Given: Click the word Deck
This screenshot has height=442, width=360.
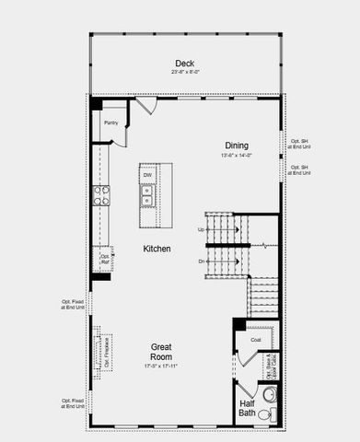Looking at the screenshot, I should (x=184, y=64).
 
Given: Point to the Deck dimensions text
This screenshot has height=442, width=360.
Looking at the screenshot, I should (x=184, y=72).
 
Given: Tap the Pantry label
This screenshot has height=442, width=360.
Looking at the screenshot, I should (x=110, y=122).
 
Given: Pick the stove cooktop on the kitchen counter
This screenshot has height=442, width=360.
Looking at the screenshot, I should (x=100, y=195).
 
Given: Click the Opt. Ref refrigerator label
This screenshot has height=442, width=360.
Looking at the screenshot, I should (x=105, y=259).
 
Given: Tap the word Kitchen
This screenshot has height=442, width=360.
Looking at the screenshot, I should (x=156, y=249).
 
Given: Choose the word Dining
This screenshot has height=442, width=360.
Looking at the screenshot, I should (x=237, y=145).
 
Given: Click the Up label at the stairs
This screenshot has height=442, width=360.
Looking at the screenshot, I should (x=201, y=229).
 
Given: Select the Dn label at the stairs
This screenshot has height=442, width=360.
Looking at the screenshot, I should (x=201, y=262).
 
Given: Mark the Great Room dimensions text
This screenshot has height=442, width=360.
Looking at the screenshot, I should (x=162, y=366).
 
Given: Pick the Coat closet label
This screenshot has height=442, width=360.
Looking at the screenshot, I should (x=255, y=340).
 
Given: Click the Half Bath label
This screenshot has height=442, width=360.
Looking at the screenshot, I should (x=248, y=409).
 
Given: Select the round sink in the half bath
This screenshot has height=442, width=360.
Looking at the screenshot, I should (x=269, y=395).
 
